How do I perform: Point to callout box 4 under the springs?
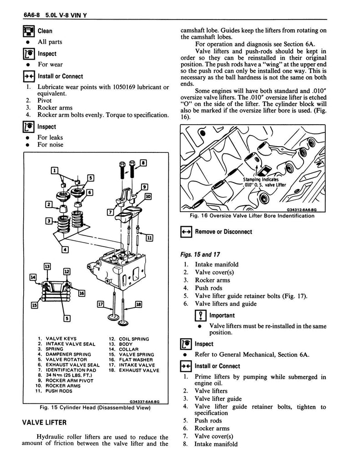point(66,249)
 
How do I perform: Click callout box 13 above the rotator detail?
point(46,266)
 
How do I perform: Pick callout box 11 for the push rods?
point(150,238)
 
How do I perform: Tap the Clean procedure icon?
point(28,31)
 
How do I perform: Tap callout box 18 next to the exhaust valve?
point(138,304)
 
